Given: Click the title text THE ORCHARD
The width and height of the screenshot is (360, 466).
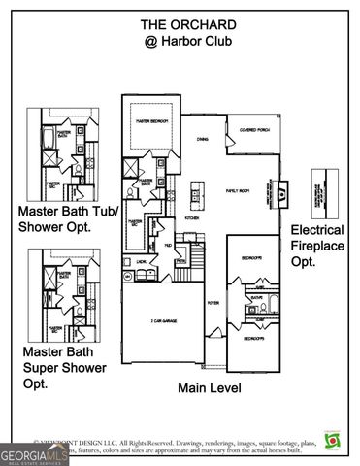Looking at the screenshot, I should coord(180,24).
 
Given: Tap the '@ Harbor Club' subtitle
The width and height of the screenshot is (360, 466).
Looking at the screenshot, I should coord(180,43).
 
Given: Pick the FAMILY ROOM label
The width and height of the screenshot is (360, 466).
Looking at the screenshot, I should coord(238,191).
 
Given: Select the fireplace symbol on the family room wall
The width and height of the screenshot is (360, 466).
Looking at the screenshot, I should coord(282,193).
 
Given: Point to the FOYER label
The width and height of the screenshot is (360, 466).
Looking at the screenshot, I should coord(213,302).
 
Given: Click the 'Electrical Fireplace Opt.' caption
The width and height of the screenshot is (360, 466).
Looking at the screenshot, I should coord(318,246).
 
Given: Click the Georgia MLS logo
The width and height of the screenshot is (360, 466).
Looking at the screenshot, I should coord(34,453).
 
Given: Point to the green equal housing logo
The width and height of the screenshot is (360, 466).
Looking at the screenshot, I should coord(334,442).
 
